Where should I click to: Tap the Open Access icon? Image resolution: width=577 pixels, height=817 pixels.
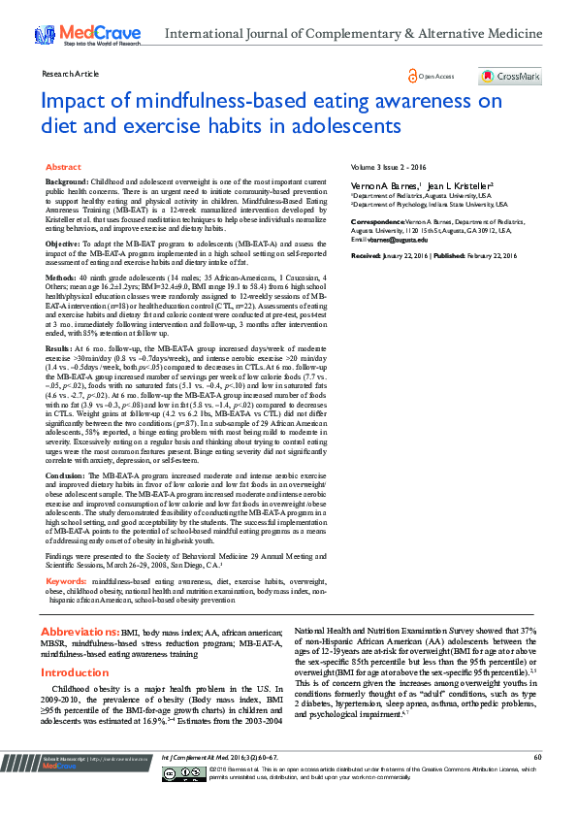[412, 76]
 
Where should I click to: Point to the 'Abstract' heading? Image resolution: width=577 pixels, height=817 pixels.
[64, 168]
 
